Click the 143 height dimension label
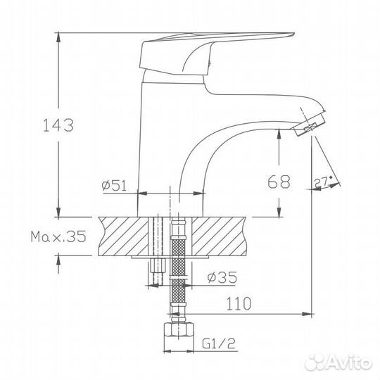(57, 126)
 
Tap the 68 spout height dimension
(279, 182)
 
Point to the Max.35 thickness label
(58, 237)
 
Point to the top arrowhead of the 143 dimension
(57, 36)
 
